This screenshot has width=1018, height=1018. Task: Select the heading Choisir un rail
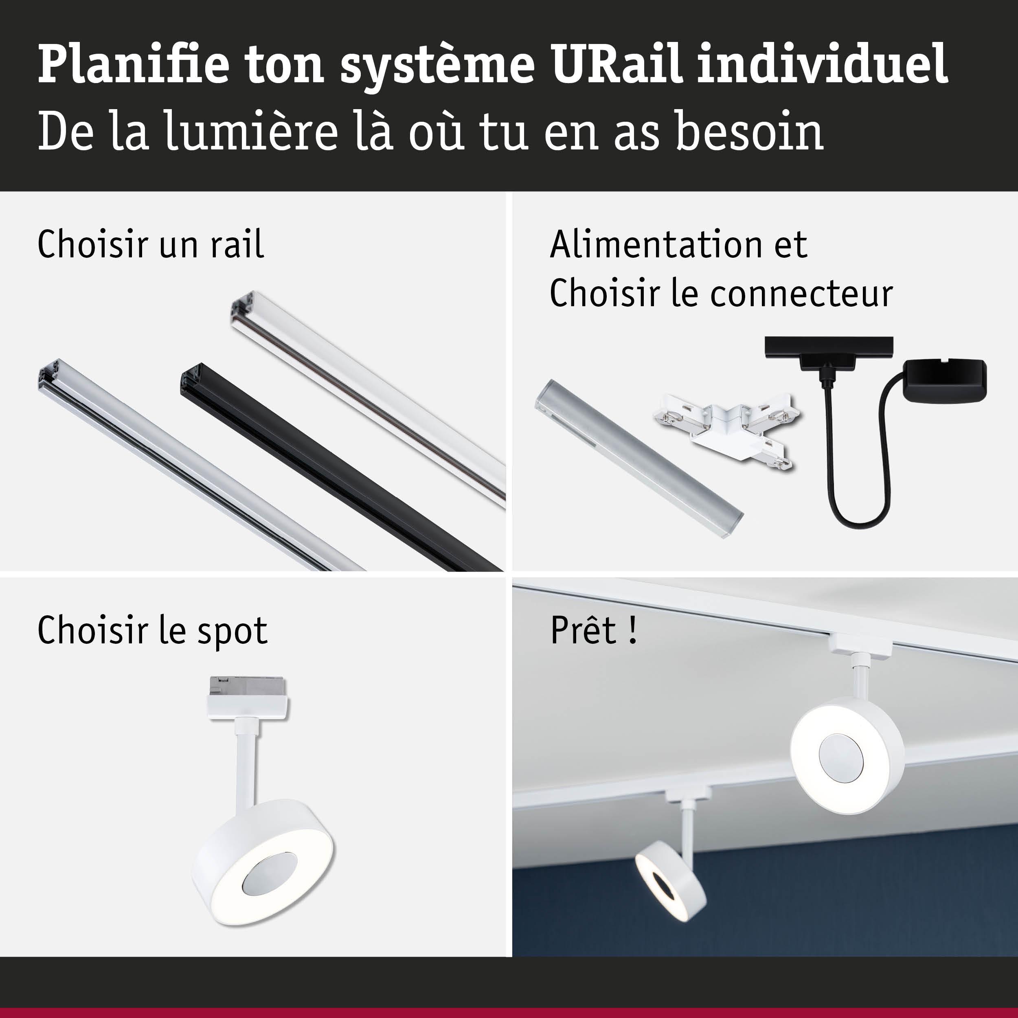(151, 245)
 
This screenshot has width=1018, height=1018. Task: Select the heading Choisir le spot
(153, 631)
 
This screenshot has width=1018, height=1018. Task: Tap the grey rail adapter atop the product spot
(248, 687)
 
